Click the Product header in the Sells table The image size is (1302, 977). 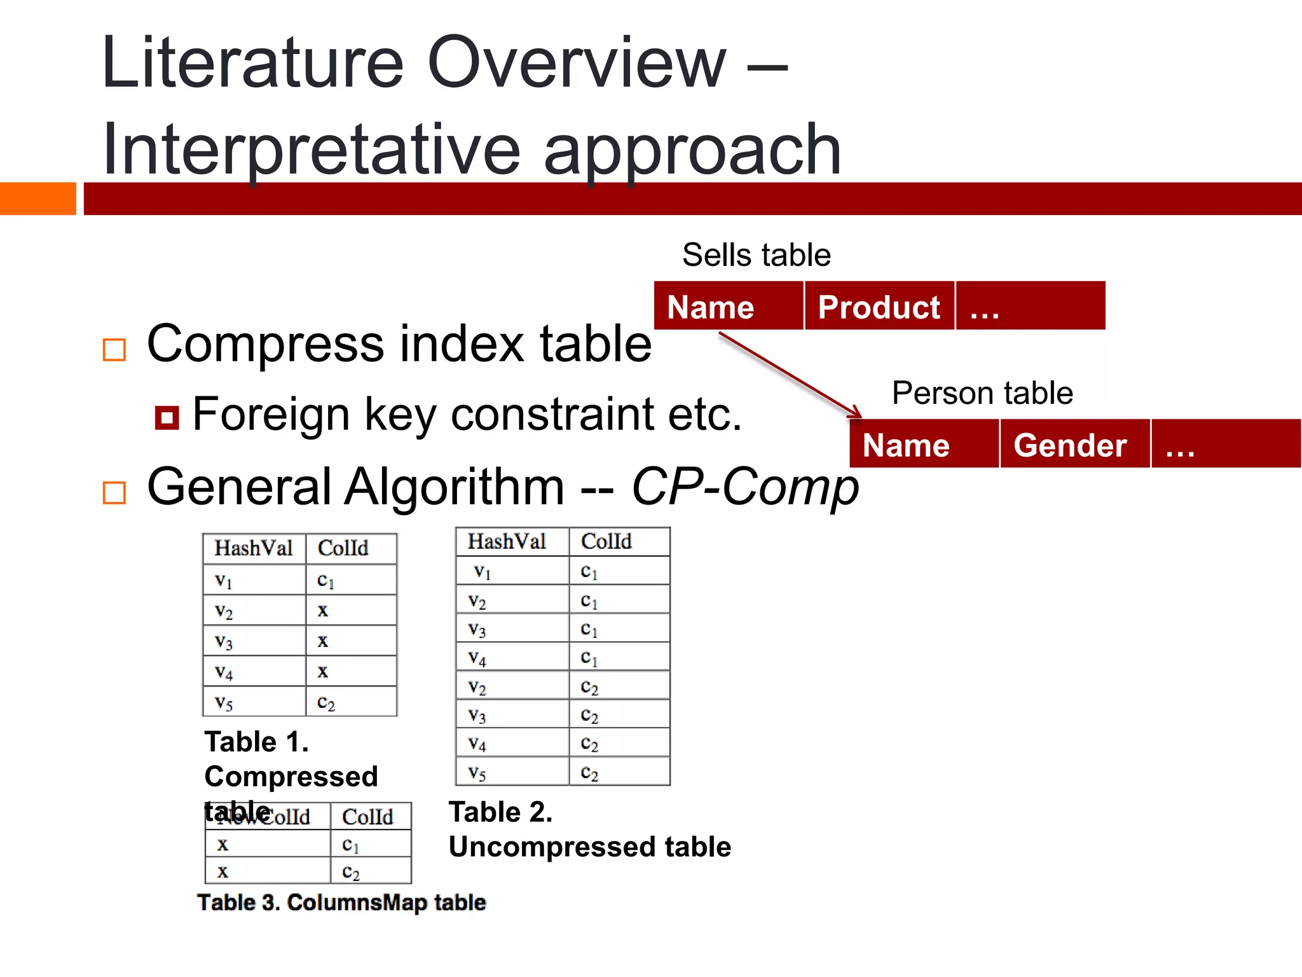tap(879, 307)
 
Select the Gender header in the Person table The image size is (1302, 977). tap(1070, 445)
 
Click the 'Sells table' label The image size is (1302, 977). tap(756, 255)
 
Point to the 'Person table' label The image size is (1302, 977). tap(982, 393)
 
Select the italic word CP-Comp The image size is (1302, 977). tap(745, 487)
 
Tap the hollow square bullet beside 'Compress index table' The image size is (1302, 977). tap(114, 350)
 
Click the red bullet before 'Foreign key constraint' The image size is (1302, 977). tap(167, 418)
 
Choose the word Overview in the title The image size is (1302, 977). tap(576, 63)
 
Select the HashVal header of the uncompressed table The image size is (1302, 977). tap(507, 541)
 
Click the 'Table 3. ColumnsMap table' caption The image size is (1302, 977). tap(341, 902)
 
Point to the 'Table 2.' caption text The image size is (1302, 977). tap(500, 812)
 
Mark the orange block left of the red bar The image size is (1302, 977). tap(38, 198)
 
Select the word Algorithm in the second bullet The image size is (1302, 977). tap(454, 487)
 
